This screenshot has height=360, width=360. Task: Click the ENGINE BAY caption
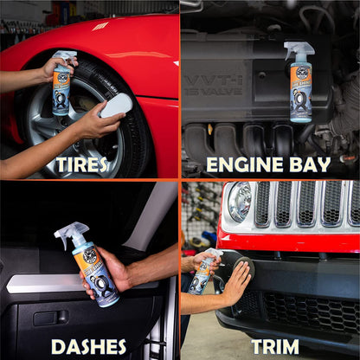click(x=268, y=164)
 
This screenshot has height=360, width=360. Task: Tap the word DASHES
click(x=89, y=346)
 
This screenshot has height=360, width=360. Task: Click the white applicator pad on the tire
click(x=116, y=106)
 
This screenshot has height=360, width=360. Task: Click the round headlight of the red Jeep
click(x=238, y=201)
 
